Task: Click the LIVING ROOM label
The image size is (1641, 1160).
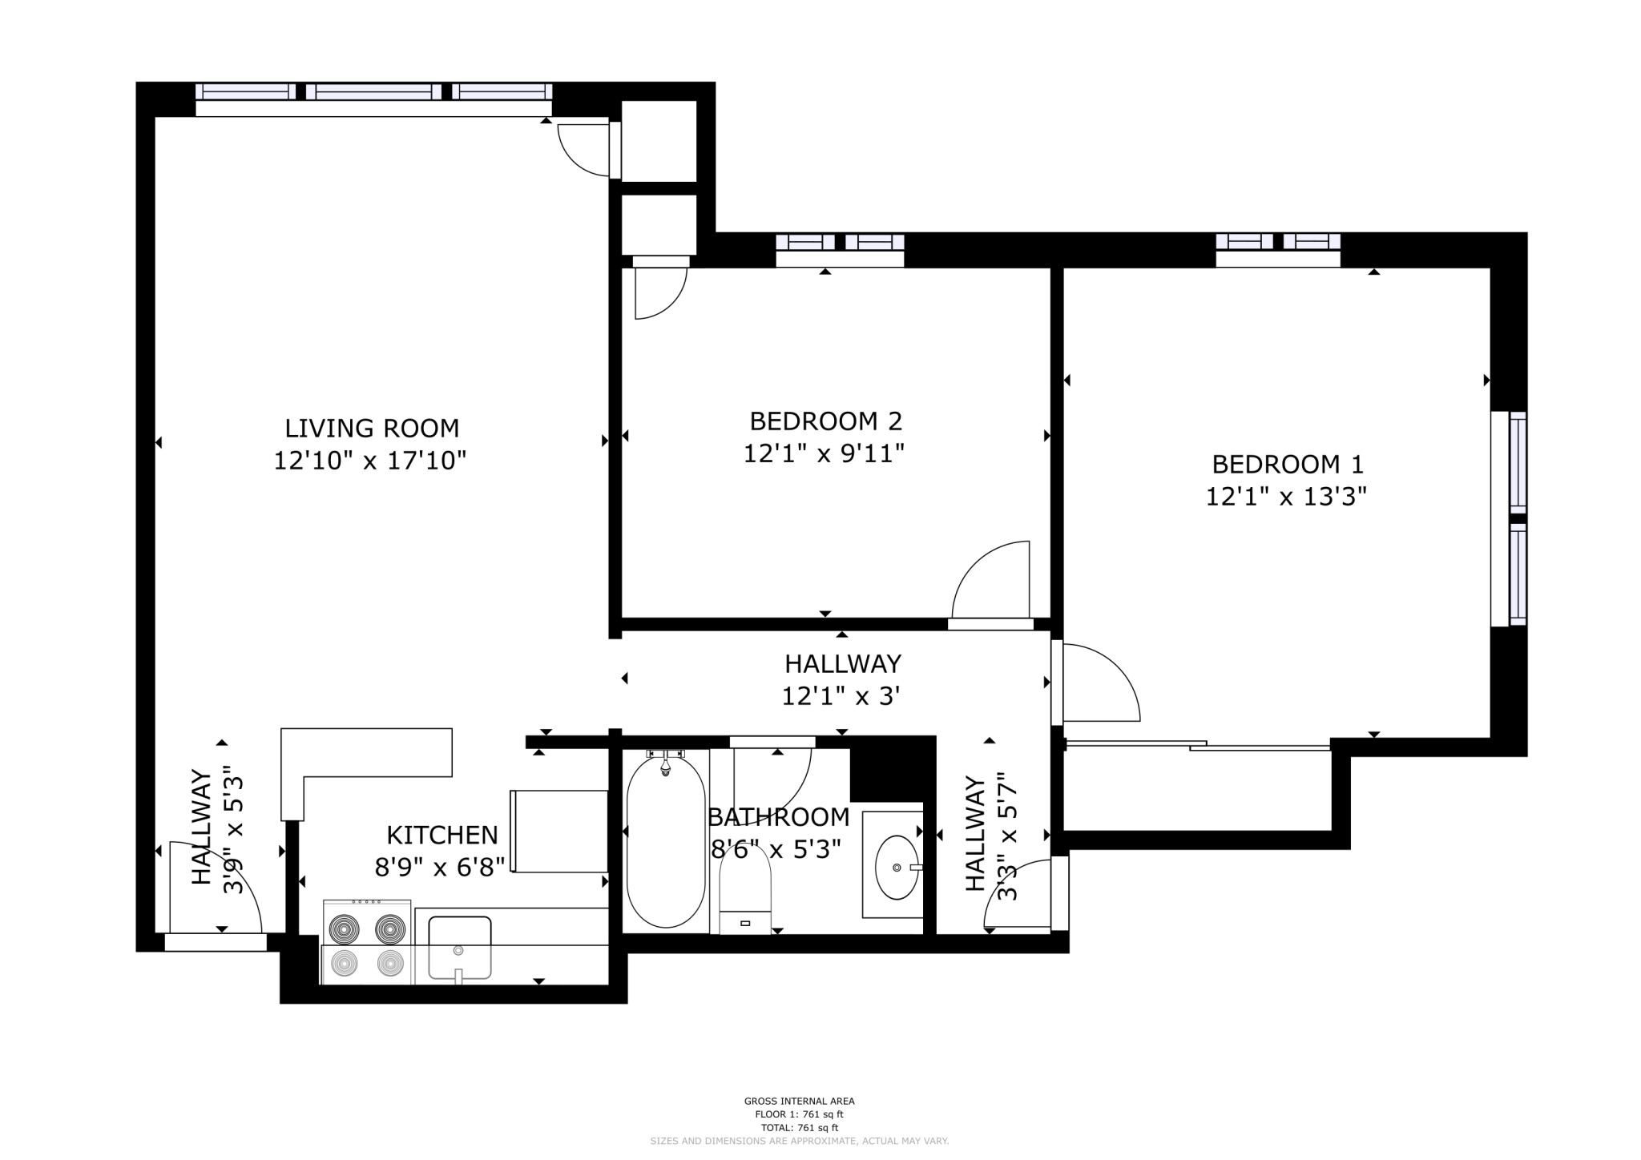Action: [x=372, y=429]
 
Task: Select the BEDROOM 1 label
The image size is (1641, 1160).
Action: [x=1287, y=465]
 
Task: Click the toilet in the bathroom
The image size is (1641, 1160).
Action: [x=745, y=893]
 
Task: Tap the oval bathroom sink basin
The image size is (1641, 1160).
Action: [x=897, y=868]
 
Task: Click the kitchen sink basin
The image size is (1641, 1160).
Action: [x=459, y=948]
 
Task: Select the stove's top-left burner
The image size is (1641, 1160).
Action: [x=345, y=929]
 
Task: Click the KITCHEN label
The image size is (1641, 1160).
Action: [x=442, y=836]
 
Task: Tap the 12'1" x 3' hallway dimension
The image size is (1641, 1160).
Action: [x=841, y=697]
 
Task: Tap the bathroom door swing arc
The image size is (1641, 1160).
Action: [x=773, y=781]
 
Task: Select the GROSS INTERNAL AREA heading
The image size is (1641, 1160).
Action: [x=799, y=1102]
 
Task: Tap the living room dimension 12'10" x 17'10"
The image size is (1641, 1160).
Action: [x=370, y=461]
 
